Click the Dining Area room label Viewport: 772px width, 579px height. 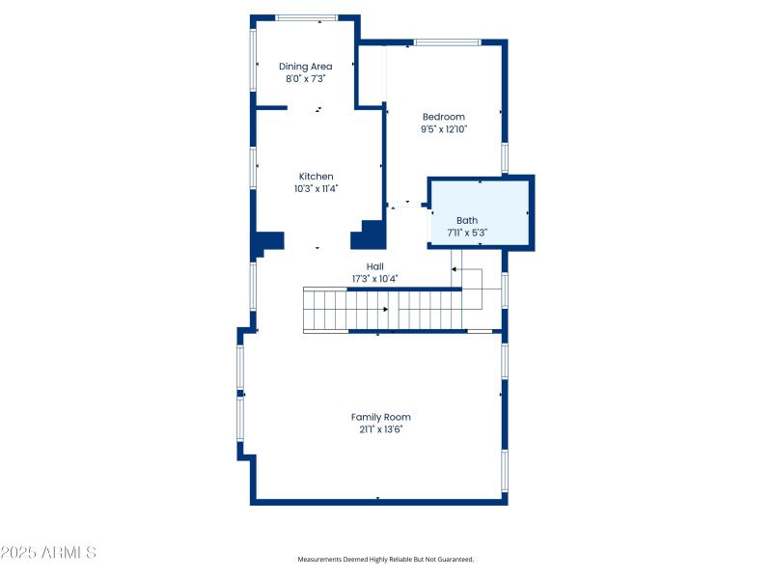pyautogui.click(x=306, y=67)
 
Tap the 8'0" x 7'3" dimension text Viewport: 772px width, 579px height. pyautogui.click(x=306, y=79)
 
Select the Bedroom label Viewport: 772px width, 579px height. pyautogui.click(x=443, y=117)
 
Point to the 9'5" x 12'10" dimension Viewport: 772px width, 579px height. pyautogui.click(x=443, y=129)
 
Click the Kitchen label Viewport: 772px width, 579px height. pyautogui.click(x=316, y=177)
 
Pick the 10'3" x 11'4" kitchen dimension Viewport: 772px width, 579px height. pyautogui.click(x=316, y=189)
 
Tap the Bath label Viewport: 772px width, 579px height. pyautogui.click(x=467, y=221)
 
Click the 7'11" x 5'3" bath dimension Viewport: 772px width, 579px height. pyautogui.click(x=467, y=233)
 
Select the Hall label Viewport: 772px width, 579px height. pyautogui.click(x=374, y=266)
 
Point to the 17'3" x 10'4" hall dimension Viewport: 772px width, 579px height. pyautogui.click(x=374, y=279)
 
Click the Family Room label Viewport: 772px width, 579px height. pyautogui.click(x=380, y=417)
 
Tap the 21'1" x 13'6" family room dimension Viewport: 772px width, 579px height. pyautogui.click(x=380, y=429)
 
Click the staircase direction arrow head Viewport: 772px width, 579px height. pyautogui.click(x=386, y=310)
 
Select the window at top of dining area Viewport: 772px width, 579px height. pyautogui.click(x=307, y=17)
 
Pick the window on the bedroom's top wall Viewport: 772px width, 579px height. pyautogui.click(x=447, y=42)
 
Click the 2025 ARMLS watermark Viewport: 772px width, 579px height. pyautogui.click(x=48, y=553)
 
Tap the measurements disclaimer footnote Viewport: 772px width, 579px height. pyautogui.click(x=385, y=560)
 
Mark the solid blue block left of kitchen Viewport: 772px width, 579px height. pyautogui.click(x=267, y=242)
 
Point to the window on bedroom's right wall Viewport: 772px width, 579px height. pyautogui.click(x=504, y=157)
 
